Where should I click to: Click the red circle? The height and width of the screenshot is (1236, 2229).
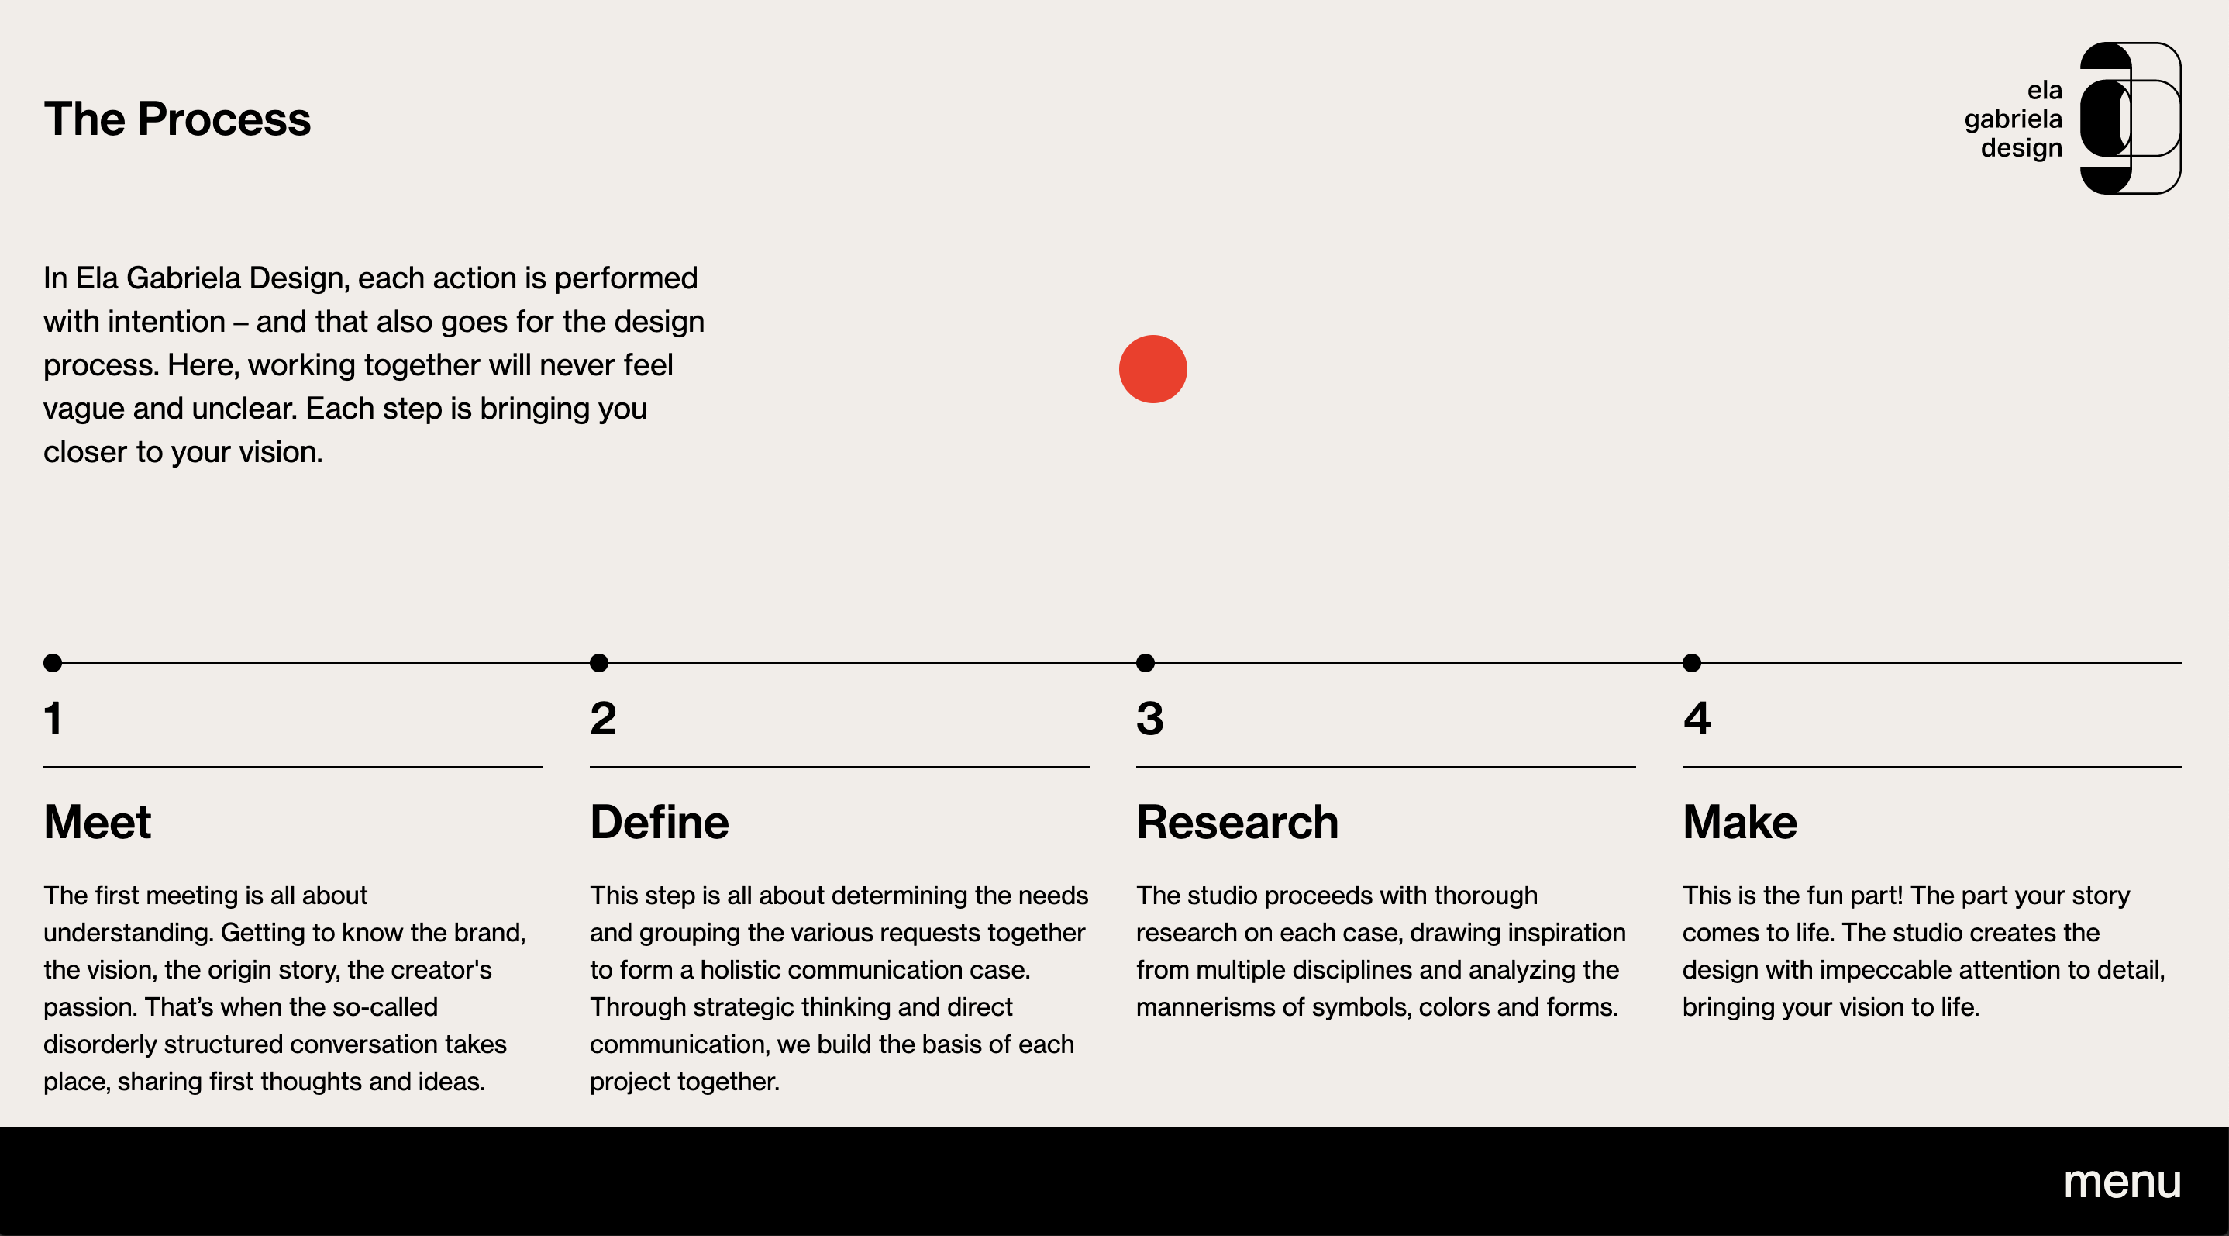(1152, 369)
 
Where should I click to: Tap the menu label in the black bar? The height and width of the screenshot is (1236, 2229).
(2122, 1182)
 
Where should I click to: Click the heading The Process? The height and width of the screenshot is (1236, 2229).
(177, 119)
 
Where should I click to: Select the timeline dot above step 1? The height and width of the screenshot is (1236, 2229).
(53, 663)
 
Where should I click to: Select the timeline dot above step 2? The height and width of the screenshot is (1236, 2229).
(599, 663)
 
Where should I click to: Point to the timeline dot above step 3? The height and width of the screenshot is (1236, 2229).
(1146, 663)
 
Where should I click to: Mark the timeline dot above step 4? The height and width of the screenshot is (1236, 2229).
(1692, 663)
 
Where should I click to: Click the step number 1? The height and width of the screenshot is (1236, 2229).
(53, 718)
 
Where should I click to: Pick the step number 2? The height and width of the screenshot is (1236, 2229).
(603, 718)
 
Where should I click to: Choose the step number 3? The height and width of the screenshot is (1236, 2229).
(1150, 718)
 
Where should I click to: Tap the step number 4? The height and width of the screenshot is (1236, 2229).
(1697, 718)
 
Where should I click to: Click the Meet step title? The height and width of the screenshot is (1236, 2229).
(98, 821)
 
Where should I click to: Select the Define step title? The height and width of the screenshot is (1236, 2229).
(660, 821)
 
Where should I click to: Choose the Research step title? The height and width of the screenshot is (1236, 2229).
(1238, 821)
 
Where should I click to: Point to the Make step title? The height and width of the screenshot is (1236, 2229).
(1740, 821)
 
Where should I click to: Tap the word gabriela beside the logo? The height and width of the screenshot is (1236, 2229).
(2014, 119)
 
